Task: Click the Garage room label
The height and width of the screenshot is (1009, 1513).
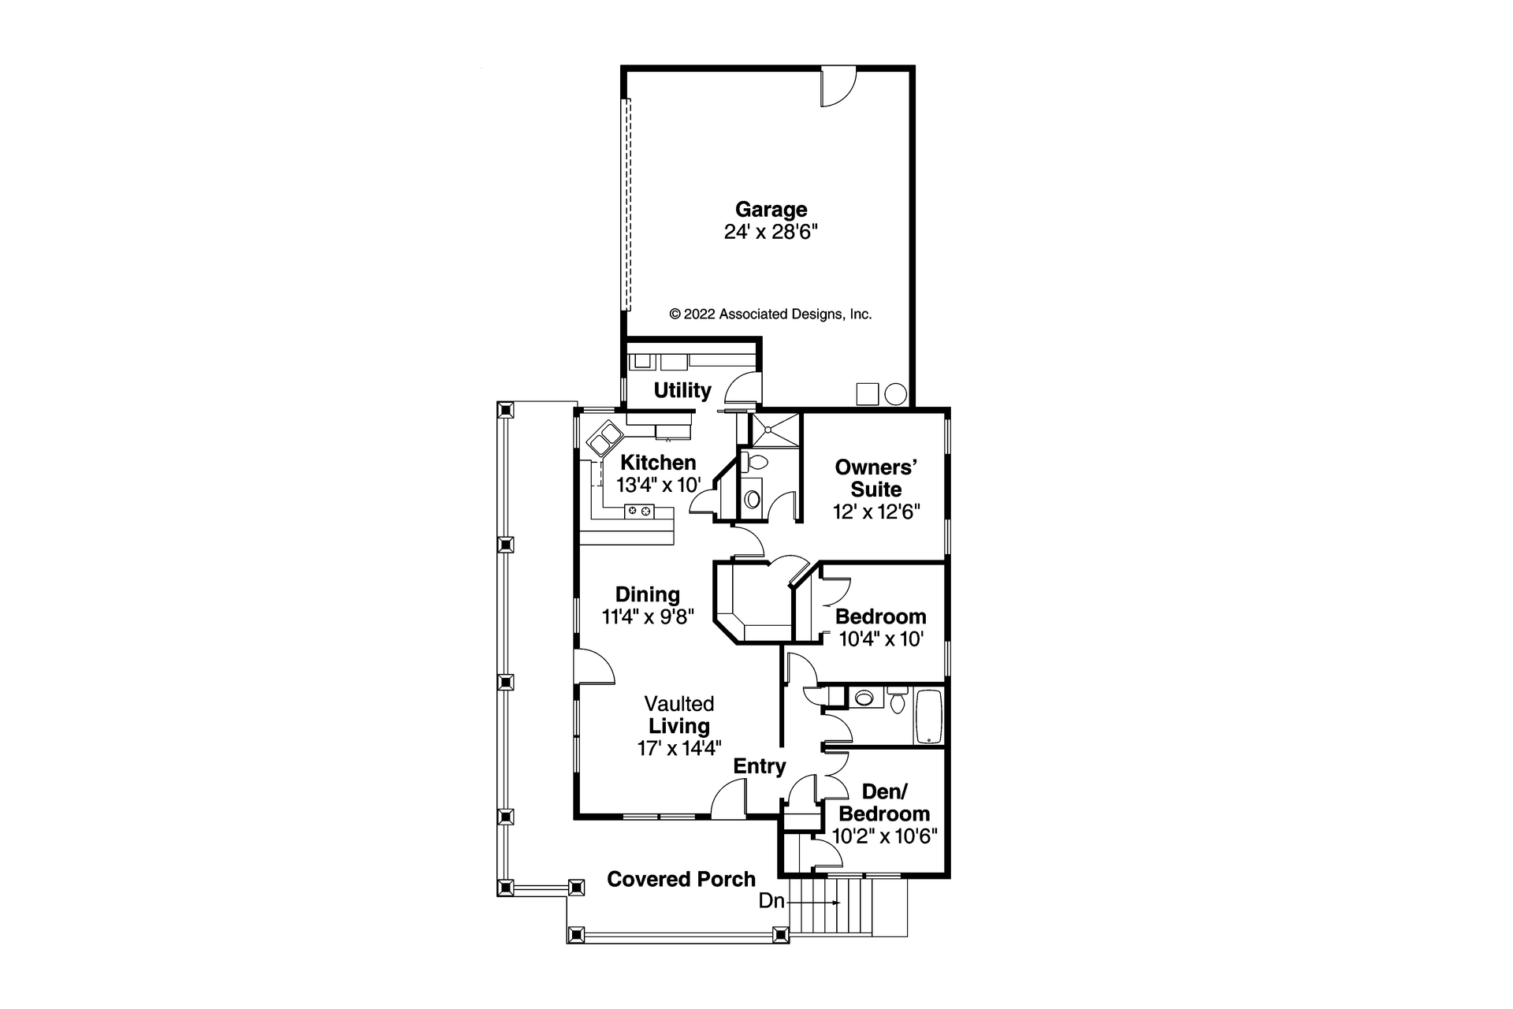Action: point(771,210)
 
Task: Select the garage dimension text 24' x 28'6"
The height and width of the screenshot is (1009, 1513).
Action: point(771,232)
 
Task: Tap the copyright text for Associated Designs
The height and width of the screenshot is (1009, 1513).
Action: point(770,314)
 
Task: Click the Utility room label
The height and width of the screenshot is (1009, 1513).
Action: point(682,390)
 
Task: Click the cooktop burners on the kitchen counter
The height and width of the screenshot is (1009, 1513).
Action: point(639,512)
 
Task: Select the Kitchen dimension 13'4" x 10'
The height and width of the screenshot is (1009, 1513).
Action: point(658,484)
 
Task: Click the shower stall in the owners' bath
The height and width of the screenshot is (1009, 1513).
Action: point(768,430)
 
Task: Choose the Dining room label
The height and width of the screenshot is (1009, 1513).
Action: point(647,594)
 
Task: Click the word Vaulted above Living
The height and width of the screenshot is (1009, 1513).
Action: point(678,703)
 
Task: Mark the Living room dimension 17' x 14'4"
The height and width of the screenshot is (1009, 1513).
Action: point(679,748)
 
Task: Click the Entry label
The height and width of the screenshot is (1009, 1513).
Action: point(760,766)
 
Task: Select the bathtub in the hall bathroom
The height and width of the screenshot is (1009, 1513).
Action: point(928,717)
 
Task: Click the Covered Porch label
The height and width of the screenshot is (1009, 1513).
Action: point(681,879)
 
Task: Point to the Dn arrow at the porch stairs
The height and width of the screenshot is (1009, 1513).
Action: point(820,902)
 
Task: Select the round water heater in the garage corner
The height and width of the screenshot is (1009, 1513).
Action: point(896,394)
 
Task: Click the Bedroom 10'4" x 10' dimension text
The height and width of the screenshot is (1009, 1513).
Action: point(880,639)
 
